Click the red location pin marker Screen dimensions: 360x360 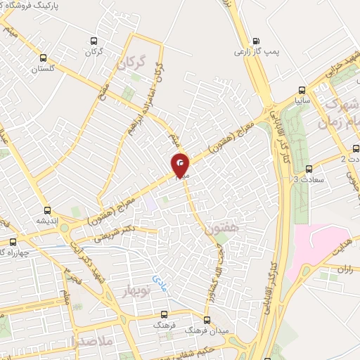[181, 166]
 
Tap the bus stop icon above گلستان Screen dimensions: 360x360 [44, 58]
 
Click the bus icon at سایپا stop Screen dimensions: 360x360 [302, 90]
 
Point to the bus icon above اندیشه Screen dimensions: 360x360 [48, 210]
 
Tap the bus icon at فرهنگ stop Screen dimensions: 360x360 [165, 315]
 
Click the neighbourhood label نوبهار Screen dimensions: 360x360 [138, 292]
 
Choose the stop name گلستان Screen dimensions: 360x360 [44, 69]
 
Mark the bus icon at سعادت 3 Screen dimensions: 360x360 [309, 168]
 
